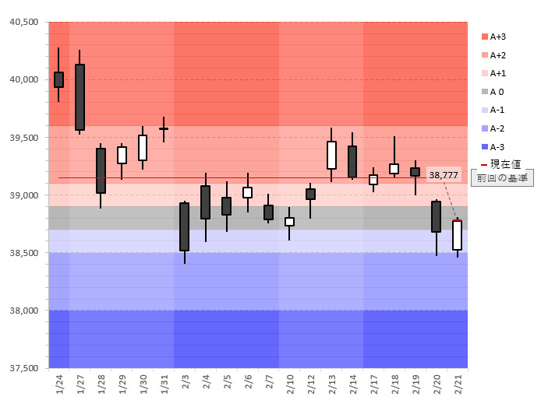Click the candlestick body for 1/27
click(x=80, y=96)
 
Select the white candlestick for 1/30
click(x=143, y=148)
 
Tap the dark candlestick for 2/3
click(x=184, y=226)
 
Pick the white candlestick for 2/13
click(x=331, y=155)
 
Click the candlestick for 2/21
click(x=457, y=235)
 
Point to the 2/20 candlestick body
click(x=436, y=216)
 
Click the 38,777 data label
click(x=444, y=175)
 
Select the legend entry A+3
click(x=499, y=37)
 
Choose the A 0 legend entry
click(x=497, y=92)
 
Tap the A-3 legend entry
click(x=498, y=146)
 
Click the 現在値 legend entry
click(x=502, y=164)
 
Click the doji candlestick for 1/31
click(x=164, y=128)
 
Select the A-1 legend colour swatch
click(x=485, y=110)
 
